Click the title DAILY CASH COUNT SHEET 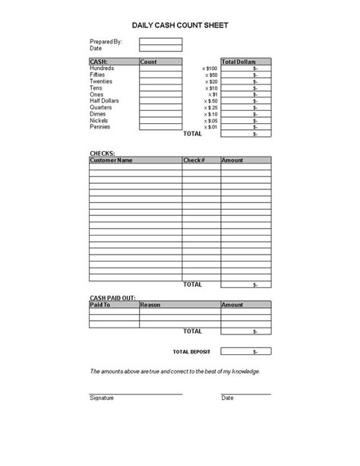[x=180, y=25]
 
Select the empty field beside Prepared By [x=160, y=42]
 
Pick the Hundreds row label [x=103, y=68]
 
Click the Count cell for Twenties [x=160, y=81]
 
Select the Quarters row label [x=102, y=107]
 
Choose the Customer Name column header [x=111, y=160]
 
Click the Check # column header [x=194, y=160]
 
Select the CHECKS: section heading [x=103, y=154]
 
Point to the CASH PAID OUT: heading [x=113, y=297]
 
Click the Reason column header [x=151, y=305]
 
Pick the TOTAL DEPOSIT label [x=191, y=352]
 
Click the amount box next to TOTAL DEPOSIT [x=251, y=352]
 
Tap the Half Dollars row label [x=106, y=101]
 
